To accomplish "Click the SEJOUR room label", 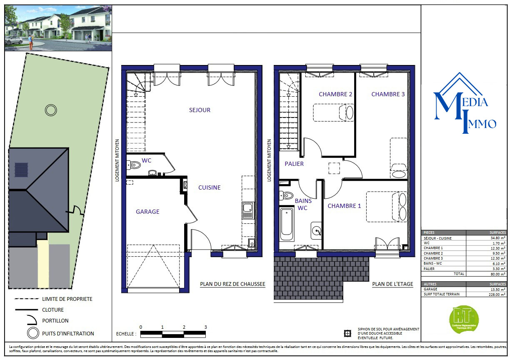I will pyautogui.click(x=200, y=110).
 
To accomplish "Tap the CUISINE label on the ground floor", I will pyautogui.click(x=209, y=187).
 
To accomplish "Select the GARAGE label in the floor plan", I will pyautogui.click(x=147, y=212).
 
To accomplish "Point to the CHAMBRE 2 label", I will pyautogui.click(x=335, y=94).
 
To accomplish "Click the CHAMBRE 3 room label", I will pyautogui.click(x=388, y=94).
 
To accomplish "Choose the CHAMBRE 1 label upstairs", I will pyautogui.click(x=344, y=206).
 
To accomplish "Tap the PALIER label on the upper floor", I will pyautogui.click(x=294, y=164).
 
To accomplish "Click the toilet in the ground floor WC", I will pyautogui.click(x=135, y=165).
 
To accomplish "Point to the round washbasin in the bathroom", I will pyautogui.click(x=316, y=230).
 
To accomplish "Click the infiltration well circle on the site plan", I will pyautogui.click(x=51, y=110).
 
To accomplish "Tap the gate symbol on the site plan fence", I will pyautogui.click(x=77, y=210).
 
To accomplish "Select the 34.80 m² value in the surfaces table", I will pyautogui.click(x=498, y=238).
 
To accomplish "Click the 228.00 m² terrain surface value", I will pyautogui.click(x=497, y=294).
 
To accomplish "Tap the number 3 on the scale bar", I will pyautogui.click(x=205, y=327).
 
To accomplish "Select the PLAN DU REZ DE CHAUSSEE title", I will pyautogui.click(x=232, y=284).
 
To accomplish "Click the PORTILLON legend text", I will pyautogui.click(x=55, y=321).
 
